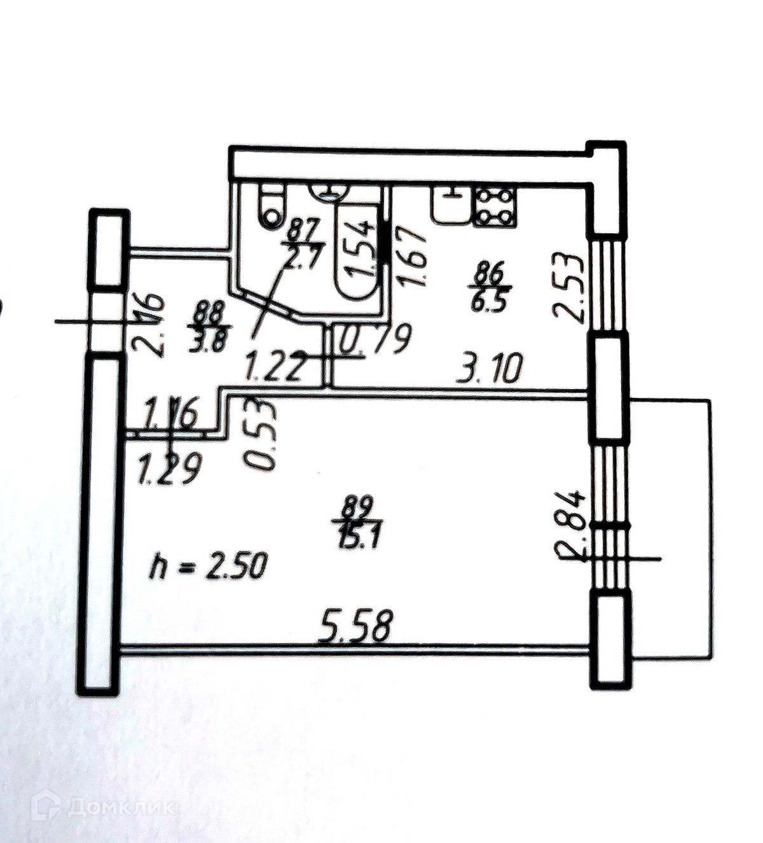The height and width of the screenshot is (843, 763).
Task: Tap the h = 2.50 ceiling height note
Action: pyautogui.click(x=205, y=565)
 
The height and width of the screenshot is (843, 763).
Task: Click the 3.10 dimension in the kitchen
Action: pyautogui.click(x=490, y=368)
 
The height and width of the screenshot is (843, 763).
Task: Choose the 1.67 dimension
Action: pyautogui.click(x=413, y=257)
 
